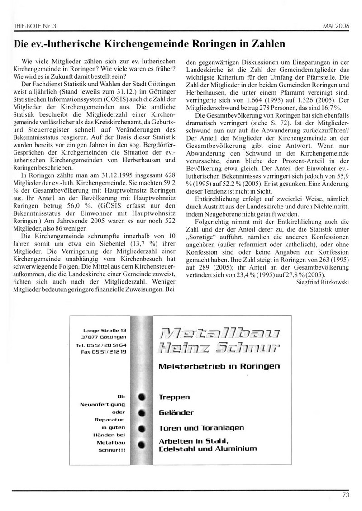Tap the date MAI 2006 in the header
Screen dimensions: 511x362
point(336,26)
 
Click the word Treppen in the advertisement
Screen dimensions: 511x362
point(175,397)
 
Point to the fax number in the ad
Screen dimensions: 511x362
point(104,351)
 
